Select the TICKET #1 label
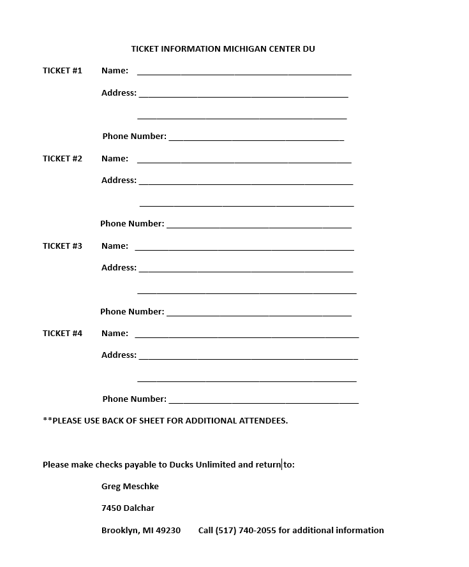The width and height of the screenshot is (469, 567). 63,71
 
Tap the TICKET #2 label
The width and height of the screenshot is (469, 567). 63,159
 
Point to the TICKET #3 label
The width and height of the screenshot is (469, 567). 63,246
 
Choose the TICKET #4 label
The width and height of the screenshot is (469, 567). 63,334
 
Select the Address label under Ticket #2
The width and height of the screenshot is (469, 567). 119,180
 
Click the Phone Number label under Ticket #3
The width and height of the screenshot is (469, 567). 132,312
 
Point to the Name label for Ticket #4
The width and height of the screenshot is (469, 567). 115,334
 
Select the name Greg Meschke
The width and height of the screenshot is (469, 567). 130,487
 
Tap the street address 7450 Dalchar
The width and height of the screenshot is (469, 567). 128,508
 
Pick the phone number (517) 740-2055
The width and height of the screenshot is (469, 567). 246,531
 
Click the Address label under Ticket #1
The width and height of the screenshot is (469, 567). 119,93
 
